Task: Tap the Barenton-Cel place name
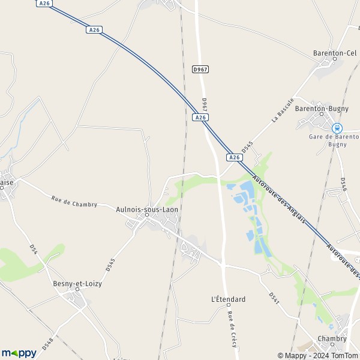click(x=335, y=53)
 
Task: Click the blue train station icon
click(x=337, y=128)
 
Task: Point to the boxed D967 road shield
click(x=200, y=70)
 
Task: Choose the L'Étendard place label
click(x=229, y=299)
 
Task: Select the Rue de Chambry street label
click(x=74, y=202)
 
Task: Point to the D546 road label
click(x=344, y=185)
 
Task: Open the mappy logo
click(x=19, y=353)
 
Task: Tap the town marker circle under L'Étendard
click(x=228, y=305)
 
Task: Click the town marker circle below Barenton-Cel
click(x=335, y=59)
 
